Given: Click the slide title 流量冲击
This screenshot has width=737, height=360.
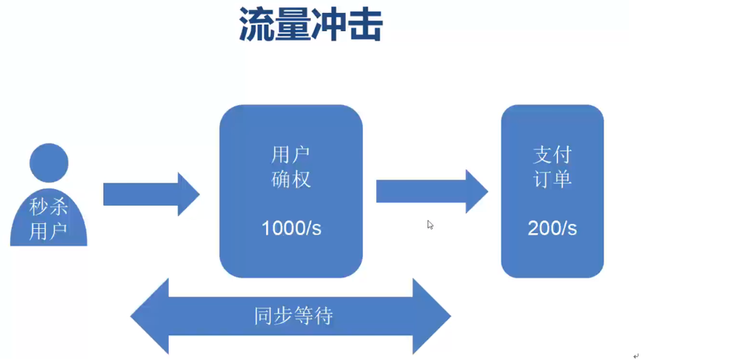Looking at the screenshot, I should click(x=311, y=27).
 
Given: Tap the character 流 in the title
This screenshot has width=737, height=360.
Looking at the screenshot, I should click(x=257, y=27).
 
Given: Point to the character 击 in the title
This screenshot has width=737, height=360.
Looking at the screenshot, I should click(x=365, y=27).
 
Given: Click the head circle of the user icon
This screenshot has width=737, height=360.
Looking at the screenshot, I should click(x=49, y=162).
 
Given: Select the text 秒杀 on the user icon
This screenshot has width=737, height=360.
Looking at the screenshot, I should click(x=49, y=207).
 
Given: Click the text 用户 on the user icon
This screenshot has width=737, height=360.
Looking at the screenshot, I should click(x=49, y=231).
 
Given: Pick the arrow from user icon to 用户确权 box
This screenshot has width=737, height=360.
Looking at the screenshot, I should click(x=151, y=194).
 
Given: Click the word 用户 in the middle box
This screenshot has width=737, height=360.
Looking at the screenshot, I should click(x=291, y=154).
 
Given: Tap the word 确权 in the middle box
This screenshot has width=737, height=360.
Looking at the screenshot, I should click(x=291, y=179).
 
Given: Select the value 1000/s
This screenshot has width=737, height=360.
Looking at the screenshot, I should click(x=291, y=228).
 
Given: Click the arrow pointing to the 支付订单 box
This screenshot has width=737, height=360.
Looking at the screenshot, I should click(x=431, y=191).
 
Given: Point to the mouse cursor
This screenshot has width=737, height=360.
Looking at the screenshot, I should click(x=430, y=225).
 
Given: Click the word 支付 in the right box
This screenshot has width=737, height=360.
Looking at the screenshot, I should click(x=552, y=154).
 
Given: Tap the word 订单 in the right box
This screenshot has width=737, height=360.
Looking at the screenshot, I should click(x=552, y=179).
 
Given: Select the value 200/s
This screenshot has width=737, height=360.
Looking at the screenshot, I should click(x=552, y=228).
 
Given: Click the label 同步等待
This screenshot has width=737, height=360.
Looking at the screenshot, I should click(x=293, y=317).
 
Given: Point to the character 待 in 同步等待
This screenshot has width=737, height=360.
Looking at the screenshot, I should click(x=323, y=317).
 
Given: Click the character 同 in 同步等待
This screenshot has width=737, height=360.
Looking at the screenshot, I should click(x=264, y=317).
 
